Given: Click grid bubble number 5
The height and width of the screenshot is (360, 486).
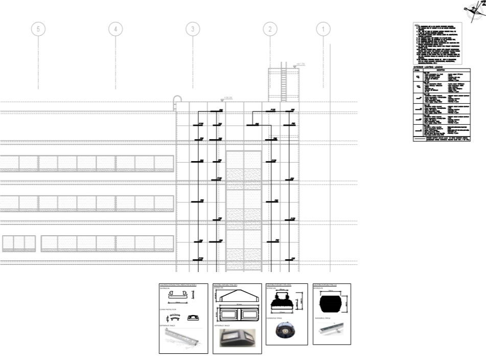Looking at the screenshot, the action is (38, 29).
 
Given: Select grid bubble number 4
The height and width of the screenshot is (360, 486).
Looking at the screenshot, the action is (115, 29).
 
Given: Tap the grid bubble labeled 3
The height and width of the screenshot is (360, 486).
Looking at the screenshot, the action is (193, 29).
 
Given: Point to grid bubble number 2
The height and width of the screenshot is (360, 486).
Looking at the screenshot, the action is (270, 29).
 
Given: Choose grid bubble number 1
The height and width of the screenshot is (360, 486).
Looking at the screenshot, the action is (323, 29).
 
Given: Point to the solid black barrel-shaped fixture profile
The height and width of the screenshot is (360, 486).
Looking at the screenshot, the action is (331, 305).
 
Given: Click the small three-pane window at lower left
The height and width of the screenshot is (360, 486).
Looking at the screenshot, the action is (19, 243).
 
